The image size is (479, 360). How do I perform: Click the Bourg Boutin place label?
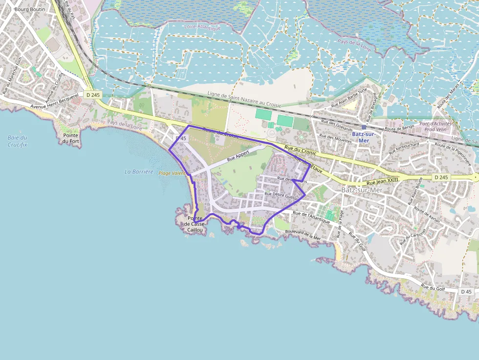(x=30, y=9)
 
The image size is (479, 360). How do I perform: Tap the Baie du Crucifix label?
(x=18, y=141)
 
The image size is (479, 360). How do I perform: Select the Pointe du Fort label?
(x=71, y=138)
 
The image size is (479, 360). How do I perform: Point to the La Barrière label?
(x=139, y=171)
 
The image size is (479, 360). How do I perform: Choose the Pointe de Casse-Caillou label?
(x=196, y=224)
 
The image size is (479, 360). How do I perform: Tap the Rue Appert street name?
(x=239, y=155)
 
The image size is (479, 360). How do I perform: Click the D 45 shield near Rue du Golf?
(x=466, y=292)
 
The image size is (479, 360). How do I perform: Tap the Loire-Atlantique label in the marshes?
(x=203, y=27)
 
